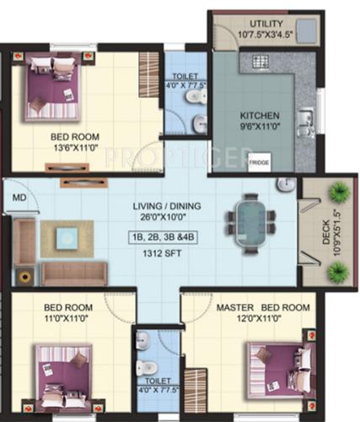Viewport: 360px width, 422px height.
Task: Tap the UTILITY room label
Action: coord(266,23)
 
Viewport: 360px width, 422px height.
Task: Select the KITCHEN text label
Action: coord(253,116)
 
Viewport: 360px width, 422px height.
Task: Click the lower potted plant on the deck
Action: coord(338,270)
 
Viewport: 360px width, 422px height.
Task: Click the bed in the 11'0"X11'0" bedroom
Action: coord(64,376)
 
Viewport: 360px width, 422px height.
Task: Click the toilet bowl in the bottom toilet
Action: coord(146,367)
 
